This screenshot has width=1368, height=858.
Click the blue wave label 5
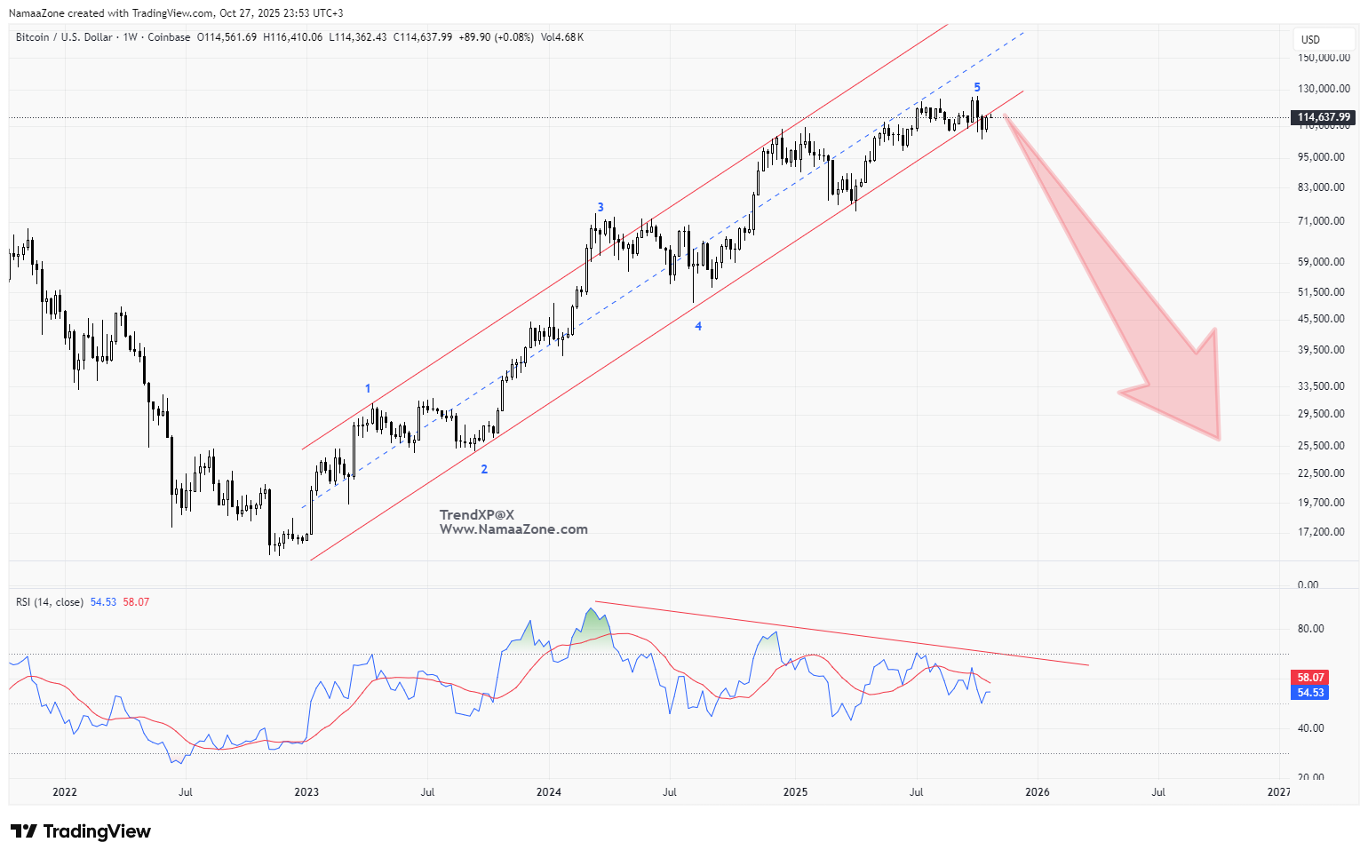click(x=977, y=87)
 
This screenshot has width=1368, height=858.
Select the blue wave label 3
click(x=600, y=207)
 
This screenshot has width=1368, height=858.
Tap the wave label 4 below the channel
click(x=698, y=327)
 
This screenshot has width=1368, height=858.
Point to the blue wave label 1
click(x=368, y=389)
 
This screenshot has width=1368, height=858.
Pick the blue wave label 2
click(x=484, y=469)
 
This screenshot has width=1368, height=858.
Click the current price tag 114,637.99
click(x=1324, y=117)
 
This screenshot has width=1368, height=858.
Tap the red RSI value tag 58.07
click(x=1310, y=677)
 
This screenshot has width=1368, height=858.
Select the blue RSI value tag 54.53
click(x=1310, y=693)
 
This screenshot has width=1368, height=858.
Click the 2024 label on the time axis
click(x=549, y=792)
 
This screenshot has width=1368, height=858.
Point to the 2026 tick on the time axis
click(x=1037, y=792)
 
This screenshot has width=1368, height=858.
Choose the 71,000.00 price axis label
click(x=1321, y=221)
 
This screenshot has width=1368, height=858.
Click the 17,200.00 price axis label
click(x=1321, y=532)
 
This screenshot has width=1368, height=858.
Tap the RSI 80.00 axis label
click(x=1310, y=629)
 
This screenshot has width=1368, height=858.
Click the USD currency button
click(x=1310, y=39)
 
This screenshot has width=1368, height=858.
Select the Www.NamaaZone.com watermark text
click(x=513, y=529)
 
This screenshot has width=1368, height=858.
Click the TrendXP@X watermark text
click(x=477, y=515)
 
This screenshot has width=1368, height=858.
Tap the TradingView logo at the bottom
click(x=81, y=831)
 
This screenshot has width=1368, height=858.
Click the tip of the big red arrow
click(x=1219, y=439)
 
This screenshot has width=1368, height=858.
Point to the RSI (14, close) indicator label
click(x=50, y=602)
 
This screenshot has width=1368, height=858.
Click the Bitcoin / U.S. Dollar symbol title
click(x=64, y=37)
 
